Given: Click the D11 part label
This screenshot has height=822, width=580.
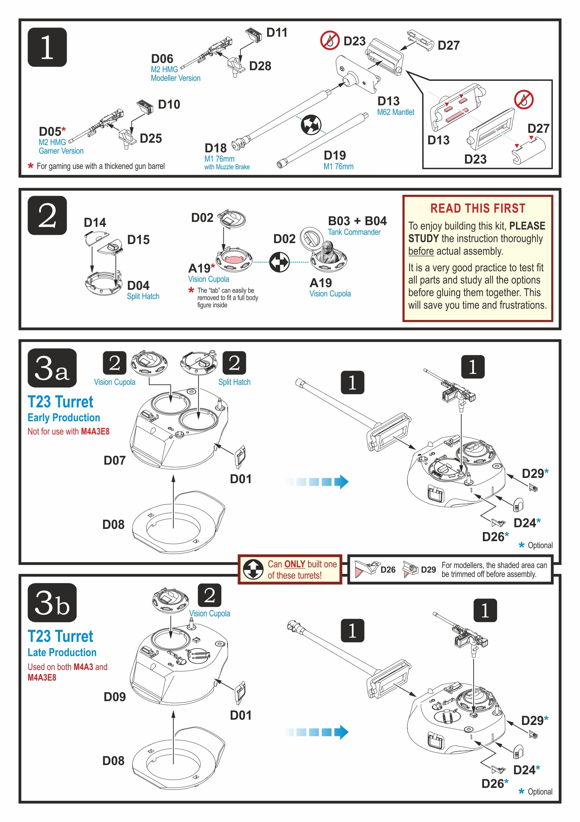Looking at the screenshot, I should click(x=276, y=32).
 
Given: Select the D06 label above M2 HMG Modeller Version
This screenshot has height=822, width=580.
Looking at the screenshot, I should click(x=162, y=59).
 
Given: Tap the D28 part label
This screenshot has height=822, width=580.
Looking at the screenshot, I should click(x=260, y=66).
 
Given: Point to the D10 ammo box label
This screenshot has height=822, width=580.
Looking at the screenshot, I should click(x=169, y=105).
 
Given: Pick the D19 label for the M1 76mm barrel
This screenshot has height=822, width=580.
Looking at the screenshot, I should click(x=335, y=155).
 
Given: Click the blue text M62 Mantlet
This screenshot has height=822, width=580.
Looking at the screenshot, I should click(x=395, y=112).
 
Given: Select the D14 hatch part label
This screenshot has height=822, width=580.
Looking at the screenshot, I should click(x=94, y=223).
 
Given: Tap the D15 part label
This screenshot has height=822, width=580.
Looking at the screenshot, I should click(x=138, y=240).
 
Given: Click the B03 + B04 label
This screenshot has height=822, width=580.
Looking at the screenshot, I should click(x=357, y=221).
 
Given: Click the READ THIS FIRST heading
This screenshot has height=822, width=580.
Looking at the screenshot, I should click(x=478, y=208).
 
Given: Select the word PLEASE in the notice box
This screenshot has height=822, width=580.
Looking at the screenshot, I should click(x=527, y=226).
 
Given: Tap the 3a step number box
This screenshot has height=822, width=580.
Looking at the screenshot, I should click(x=52, y=368).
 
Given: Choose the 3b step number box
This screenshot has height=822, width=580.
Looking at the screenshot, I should click(x=52, y=603).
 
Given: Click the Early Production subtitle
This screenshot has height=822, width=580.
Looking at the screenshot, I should click(x=64, y=418).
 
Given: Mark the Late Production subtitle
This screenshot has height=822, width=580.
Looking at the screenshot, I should click(x=62, y=653).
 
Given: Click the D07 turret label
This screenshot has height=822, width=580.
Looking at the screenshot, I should click(x=114, y=461).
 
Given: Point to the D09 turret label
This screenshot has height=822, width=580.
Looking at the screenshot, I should click(x=114, y=697).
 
